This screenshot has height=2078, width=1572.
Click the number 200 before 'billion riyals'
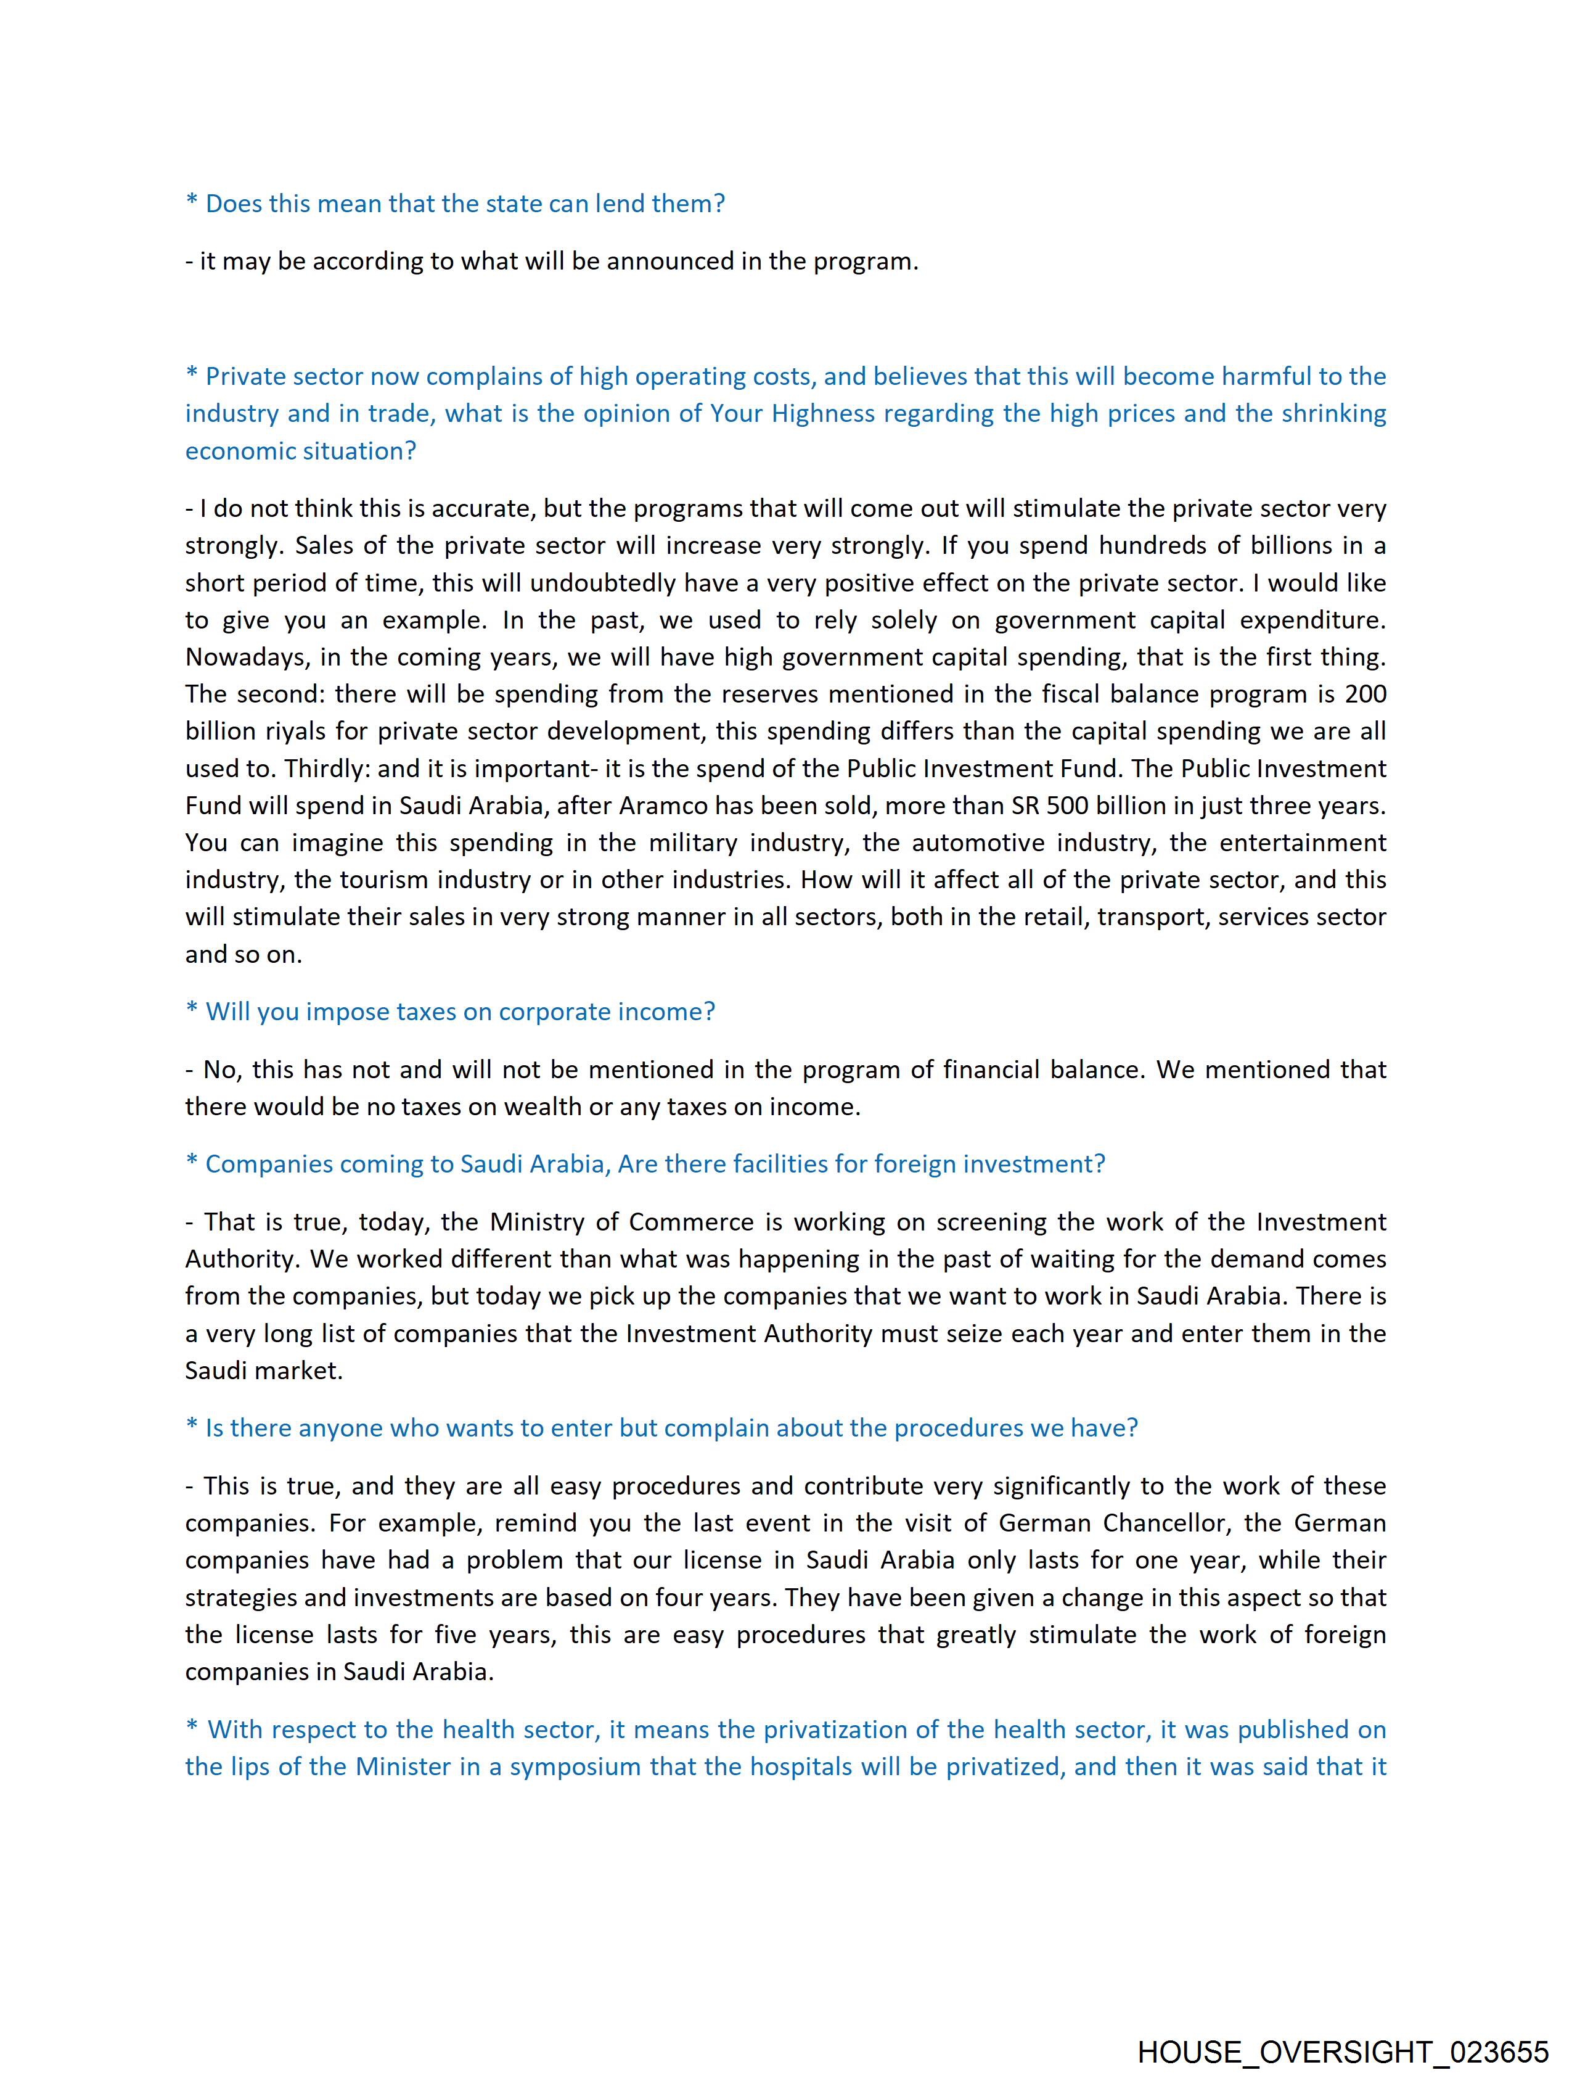pos(1365,695)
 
